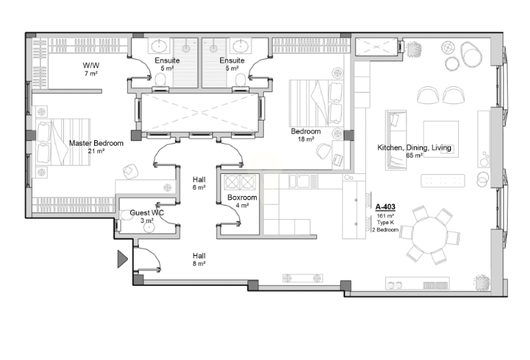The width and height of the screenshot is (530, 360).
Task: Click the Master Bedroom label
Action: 96,143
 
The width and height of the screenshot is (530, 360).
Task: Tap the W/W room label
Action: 91,65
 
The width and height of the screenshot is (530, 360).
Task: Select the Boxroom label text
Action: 242,197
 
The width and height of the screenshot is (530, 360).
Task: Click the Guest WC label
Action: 147,213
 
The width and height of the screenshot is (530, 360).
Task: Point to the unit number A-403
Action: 385,207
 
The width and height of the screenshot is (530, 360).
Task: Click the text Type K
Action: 385,223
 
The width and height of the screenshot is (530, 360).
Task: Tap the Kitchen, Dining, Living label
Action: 414,147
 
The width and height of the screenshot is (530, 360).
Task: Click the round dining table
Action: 429,235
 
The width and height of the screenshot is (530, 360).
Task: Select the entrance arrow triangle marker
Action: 122,259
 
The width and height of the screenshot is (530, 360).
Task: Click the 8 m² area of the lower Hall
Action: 199,264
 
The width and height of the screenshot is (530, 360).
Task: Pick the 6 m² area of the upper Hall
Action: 199,188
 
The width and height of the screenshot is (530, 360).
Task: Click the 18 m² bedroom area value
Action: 306,139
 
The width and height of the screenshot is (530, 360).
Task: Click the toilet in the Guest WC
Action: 126,216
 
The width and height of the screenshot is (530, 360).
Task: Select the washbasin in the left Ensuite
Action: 158,46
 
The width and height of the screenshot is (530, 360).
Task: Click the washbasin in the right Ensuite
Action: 241,46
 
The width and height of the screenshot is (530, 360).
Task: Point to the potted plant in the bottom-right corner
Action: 482,282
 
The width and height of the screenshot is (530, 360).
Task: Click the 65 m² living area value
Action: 414,155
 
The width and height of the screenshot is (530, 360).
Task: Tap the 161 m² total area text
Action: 385,216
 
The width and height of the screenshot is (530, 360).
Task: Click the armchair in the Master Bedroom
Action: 130,171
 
